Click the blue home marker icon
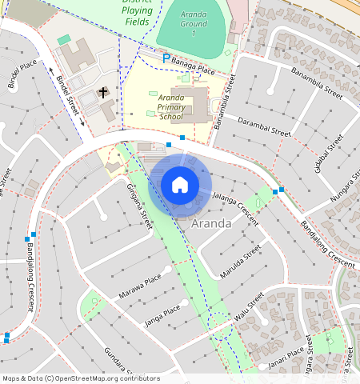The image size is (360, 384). click(180, 185)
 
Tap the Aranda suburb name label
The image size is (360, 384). click(212, 224)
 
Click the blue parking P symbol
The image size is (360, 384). click(166, 58)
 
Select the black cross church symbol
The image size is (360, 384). click(103, 93)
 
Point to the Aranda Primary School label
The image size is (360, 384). click(171, 106)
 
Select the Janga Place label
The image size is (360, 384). click(162, 314)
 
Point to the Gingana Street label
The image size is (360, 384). click(139, 205)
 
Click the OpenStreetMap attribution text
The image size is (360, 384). click(80, 378)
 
